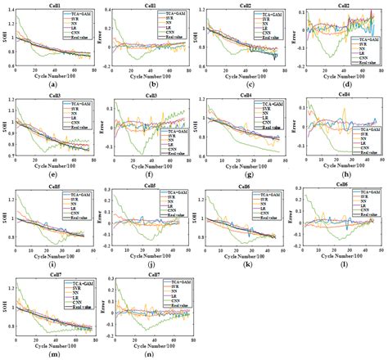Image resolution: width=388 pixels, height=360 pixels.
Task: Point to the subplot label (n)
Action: (x=148, y=353)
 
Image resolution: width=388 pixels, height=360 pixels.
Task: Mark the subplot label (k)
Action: (x=242, y=263)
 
